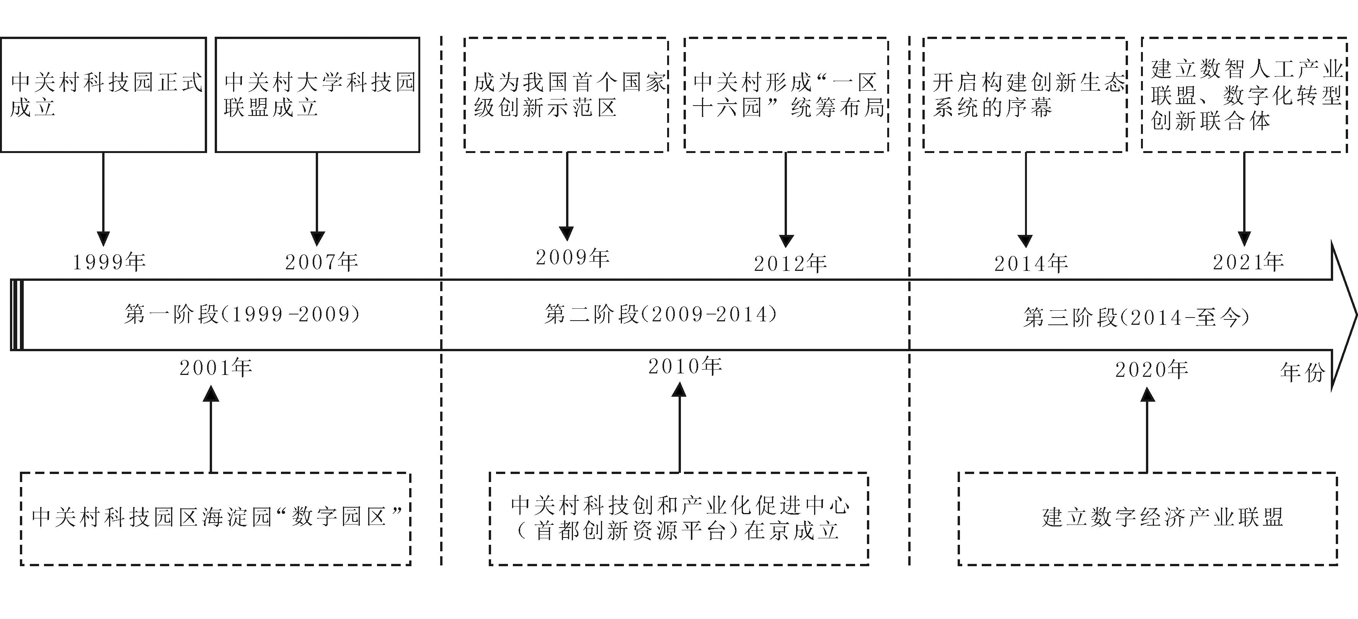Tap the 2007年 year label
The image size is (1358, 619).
point(322,262)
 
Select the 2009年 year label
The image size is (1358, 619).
point(573,257)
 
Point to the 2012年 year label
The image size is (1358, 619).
point(790,264)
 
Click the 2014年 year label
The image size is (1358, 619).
point(1031,264)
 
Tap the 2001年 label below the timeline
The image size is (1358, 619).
point(215,368)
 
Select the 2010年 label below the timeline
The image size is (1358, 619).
point(685,366)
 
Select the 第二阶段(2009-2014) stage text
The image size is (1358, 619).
point(661,314)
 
